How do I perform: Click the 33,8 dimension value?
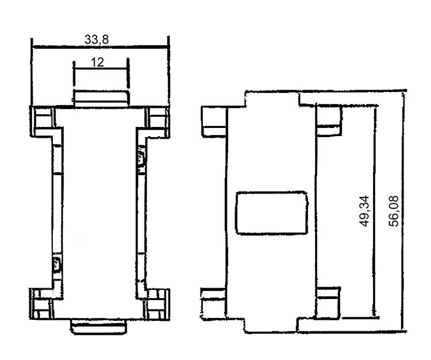pos(97,40)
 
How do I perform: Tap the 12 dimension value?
pos(97,63)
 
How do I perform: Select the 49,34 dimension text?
pos(365,211)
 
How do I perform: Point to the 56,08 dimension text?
pos(394,211)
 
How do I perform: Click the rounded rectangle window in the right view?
pos(271,213)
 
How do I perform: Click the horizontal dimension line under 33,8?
pos(100,48)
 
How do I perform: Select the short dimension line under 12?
pos(101,68)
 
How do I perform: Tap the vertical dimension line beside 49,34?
pos(374,211)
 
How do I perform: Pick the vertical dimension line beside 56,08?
pos(403,211)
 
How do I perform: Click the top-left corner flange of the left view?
pos(43,121)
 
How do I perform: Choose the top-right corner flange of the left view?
pos(157,121)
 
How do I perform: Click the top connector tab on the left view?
pos(101,98)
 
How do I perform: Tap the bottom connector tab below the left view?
pos(99,327)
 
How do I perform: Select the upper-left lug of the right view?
pos(214,121)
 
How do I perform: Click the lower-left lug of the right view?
pos(214,304)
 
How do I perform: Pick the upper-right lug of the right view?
pos(330,121)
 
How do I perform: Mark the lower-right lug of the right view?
pos(329,303)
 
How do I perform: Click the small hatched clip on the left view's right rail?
pos(141,156)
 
